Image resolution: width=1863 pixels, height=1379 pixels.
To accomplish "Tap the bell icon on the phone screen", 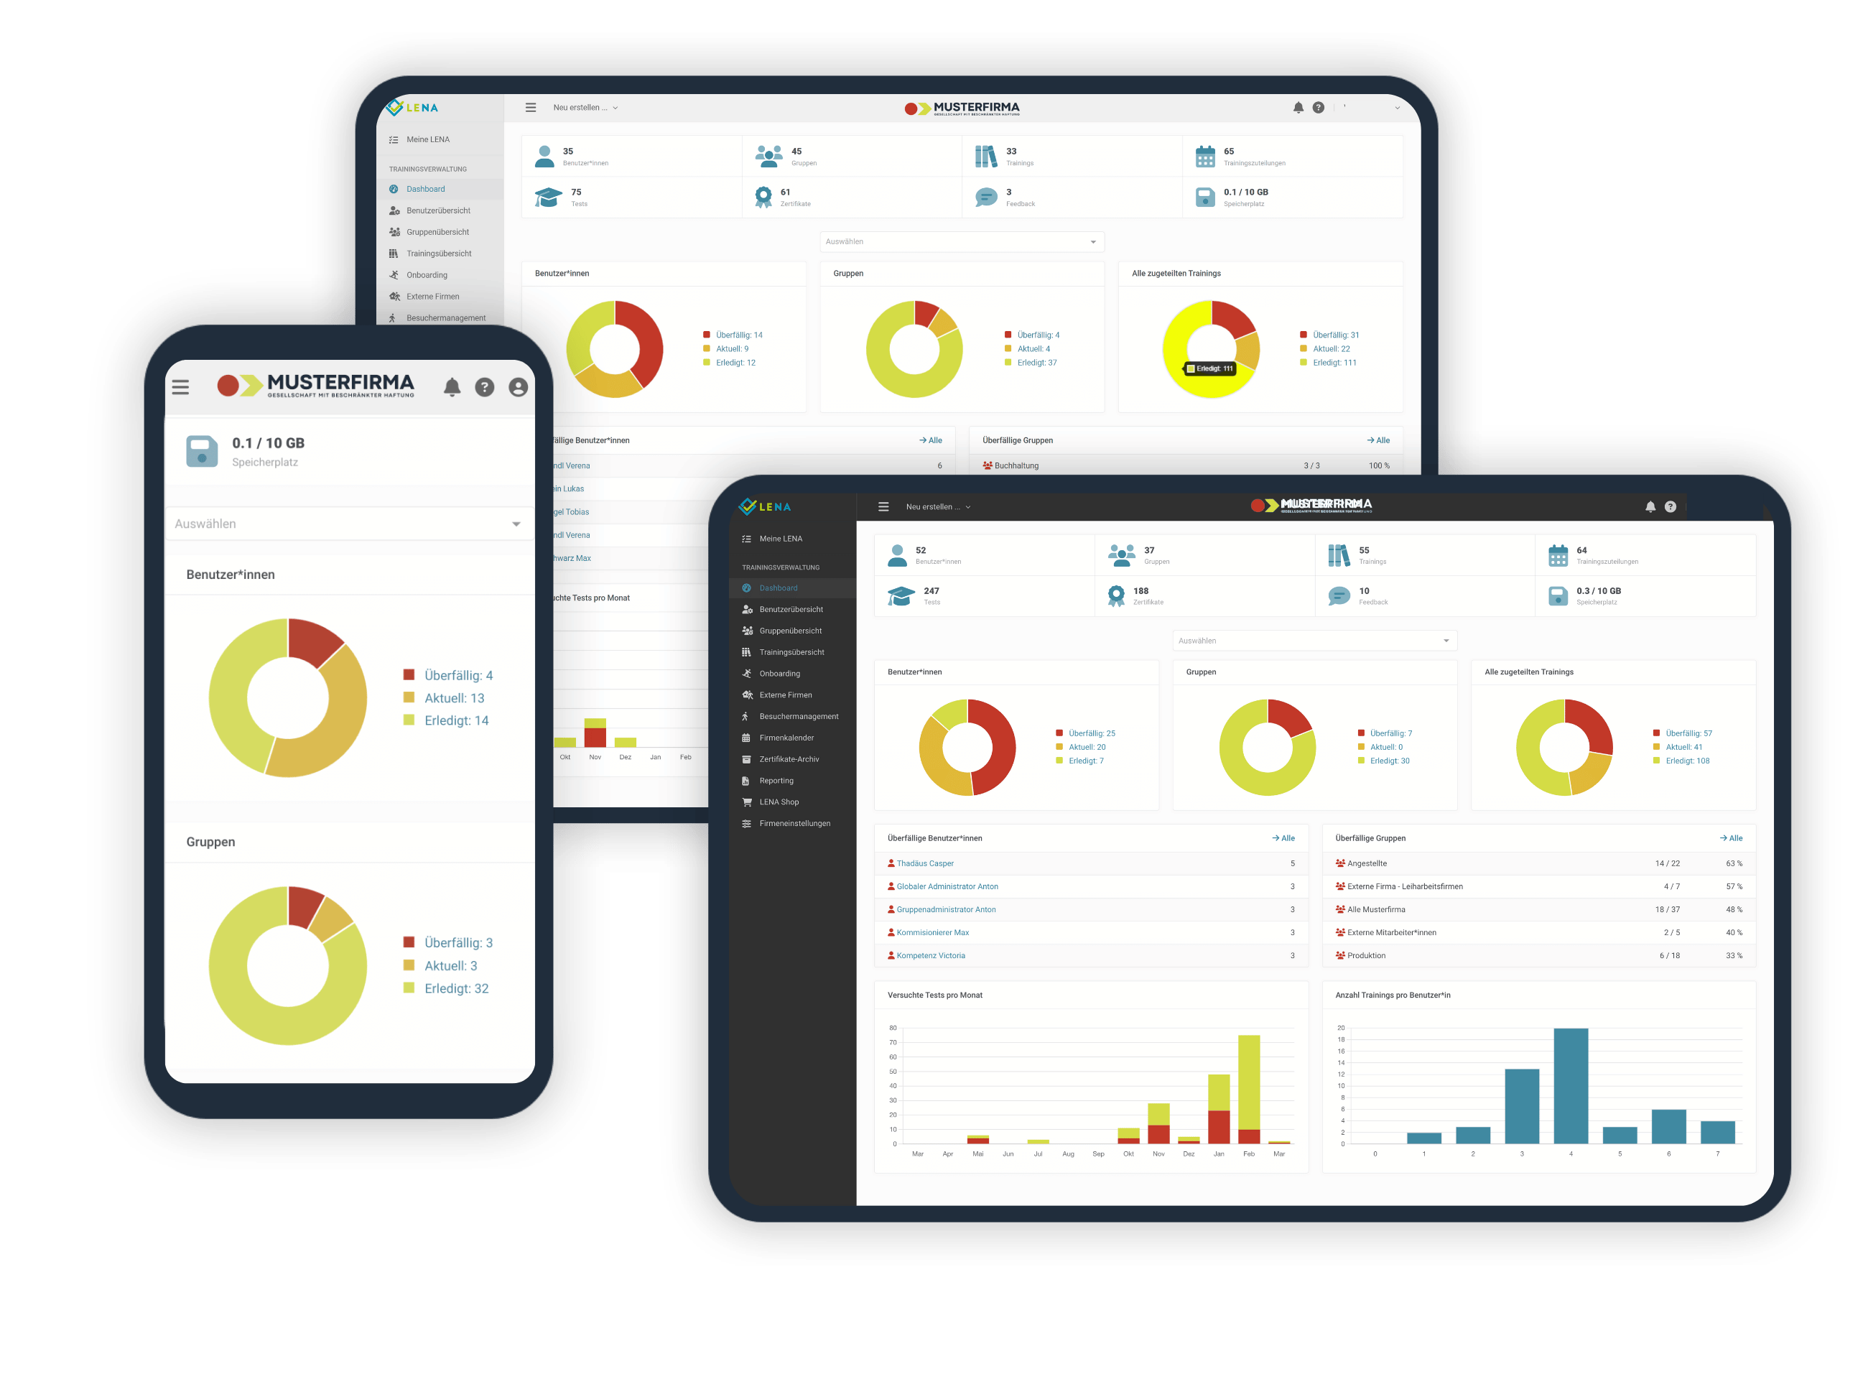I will pos(452,386).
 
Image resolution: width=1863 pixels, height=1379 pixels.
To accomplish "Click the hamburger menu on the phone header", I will pos(180,386).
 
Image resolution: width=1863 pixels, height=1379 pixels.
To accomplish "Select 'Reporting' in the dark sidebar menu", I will pos(776,781).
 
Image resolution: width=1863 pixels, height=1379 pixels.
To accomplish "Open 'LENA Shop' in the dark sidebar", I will pos(779,802).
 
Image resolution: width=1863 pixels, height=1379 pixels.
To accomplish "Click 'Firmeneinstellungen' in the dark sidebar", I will pos(794,823).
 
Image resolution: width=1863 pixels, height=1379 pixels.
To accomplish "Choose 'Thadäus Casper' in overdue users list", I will pos(925,863).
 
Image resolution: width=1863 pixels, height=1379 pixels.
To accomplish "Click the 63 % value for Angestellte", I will pos(1734,863).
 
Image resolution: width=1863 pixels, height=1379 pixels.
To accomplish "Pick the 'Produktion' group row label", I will pos(1365,955).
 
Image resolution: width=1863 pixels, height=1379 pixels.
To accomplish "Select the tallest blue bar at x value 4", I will pos(1570,1085).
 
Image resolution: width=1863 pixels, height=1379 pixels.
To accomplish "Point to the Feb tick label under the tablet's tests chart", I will pos(1249,1153).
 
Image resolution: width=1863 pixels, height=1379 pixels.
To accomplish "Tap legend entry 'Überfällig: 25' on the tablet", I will pos(1091,733).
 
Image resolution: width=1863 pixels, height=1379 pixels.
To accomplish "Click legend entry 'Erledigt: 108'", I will pos(1687,761).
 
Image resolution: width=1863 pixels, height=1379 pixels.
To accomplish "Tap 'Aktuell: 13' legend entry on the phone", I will pos(453,698).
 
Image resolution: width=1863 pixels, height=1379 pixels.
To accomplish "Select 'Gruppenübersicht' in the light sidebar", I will pos(437,232).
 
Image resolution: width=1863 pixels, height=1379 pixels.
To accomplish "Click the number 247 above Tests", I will pos(931,590).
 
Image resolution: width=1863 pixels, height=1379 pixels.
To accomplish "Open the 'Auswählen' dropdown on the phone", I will pos(349,524).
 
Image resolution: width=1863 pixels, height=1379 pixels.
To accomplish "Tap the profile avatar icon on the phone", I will pos(519,386).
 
